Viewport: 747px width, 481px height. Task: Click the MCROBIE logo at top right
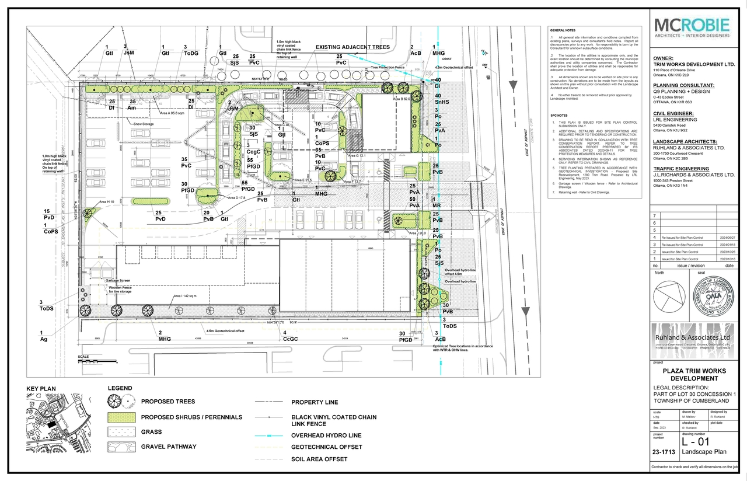pos(692,28)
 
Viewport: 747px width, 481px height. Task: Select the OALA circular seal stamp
pos(713,298)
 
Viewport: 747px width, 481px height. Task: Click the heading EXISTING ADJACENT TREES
pos(352,47)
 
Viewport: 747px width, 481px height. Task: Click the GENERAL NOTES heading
pos(562,29)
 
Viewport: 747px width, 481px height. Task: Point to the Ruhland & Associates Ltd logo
pos(692,341)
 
